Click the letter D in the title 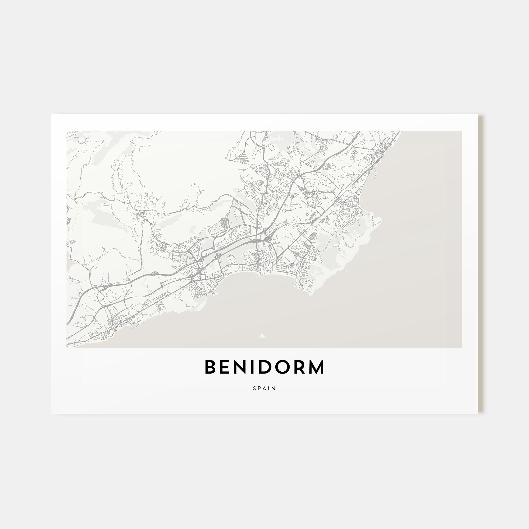[267, 367]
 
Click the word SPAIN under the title [264, 388]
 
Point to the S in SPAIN [255, 388]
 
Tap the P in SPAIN [260, 388]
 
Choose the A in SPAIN [265, 388]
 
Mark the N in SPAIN [274, 388]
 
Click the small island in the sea [262, 335]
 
